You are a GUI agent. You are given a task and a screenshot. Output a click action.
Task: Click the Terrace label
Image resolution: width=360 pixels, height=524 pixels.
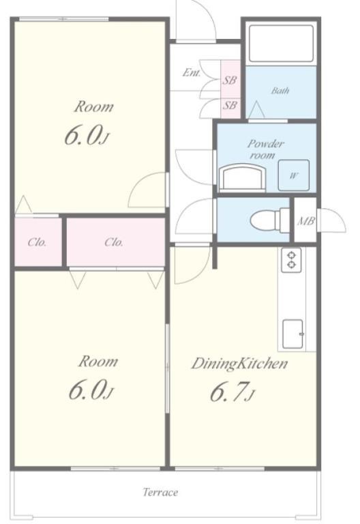tap(160, 492)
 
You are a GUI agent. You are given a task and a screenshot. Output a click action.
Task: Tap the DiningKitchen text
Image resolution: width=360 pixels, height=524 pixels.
tap(239, 364)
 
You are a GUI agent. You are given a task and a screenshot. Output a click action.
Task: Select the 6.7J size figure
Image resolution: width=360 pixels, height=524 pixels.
tap(232, 392)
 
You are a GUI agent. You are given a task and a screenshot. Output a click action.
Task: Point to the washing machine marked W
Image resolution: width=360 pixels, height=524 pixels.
tap(294, 175)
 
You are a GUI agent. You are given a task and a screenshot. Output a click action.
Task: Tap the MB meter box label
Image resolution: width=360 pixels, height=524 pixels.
tap(305, 221)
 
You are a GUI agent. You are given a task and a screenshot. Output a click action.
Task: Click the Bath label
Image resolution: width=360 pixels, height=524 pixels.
tap(280, 91)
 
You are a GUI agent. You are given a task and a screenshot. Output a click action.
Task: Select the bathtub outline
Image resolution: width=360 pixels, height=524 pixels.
tap(281, 44)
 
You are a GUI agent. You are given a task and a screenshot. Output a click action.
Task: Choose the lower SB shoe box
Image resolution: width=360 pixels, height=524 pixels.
tap(230, 104)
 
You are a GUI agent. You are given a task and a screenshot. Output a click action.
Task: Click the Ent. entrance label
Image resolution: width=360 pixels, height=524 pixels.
tap(192, 72)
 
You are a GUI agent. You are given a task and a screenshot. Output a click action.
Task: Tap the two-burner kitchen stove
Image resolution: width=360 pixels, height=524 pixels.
tap(292, 260)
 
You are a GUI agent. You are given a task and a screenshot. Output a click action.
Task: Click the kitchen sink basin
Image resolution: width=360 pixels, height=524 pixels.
tap(293, 334)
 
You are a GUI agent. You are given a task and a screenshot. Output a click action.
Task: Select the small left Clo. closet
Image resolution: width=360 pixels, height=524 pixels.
tap(38, 242)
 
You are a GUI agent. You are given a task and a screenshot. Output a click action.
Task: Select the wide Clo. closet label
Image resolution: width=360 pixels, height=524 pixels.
tap(114, 242)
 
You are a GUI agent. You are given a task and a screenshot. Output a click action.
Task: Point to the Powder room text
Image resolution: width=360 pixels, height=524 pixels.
tap(265, 149)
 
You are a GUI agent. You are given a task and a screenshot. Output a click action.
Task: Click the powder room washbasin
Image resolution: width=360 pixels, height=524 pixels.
tap(243, 179)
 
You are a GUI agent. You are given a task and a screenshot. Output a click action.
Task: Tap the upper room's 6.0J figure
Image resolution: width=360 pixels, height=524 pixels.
tap(87, 136)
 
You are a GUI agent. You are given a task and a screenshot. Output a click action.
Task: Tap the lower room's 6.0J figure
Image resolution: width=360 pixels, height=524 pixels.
tap(91, 390)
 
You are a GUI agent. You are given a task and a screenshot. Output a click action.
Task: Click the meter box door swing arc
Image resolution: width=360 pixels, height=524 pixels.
tap(338, 216)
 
